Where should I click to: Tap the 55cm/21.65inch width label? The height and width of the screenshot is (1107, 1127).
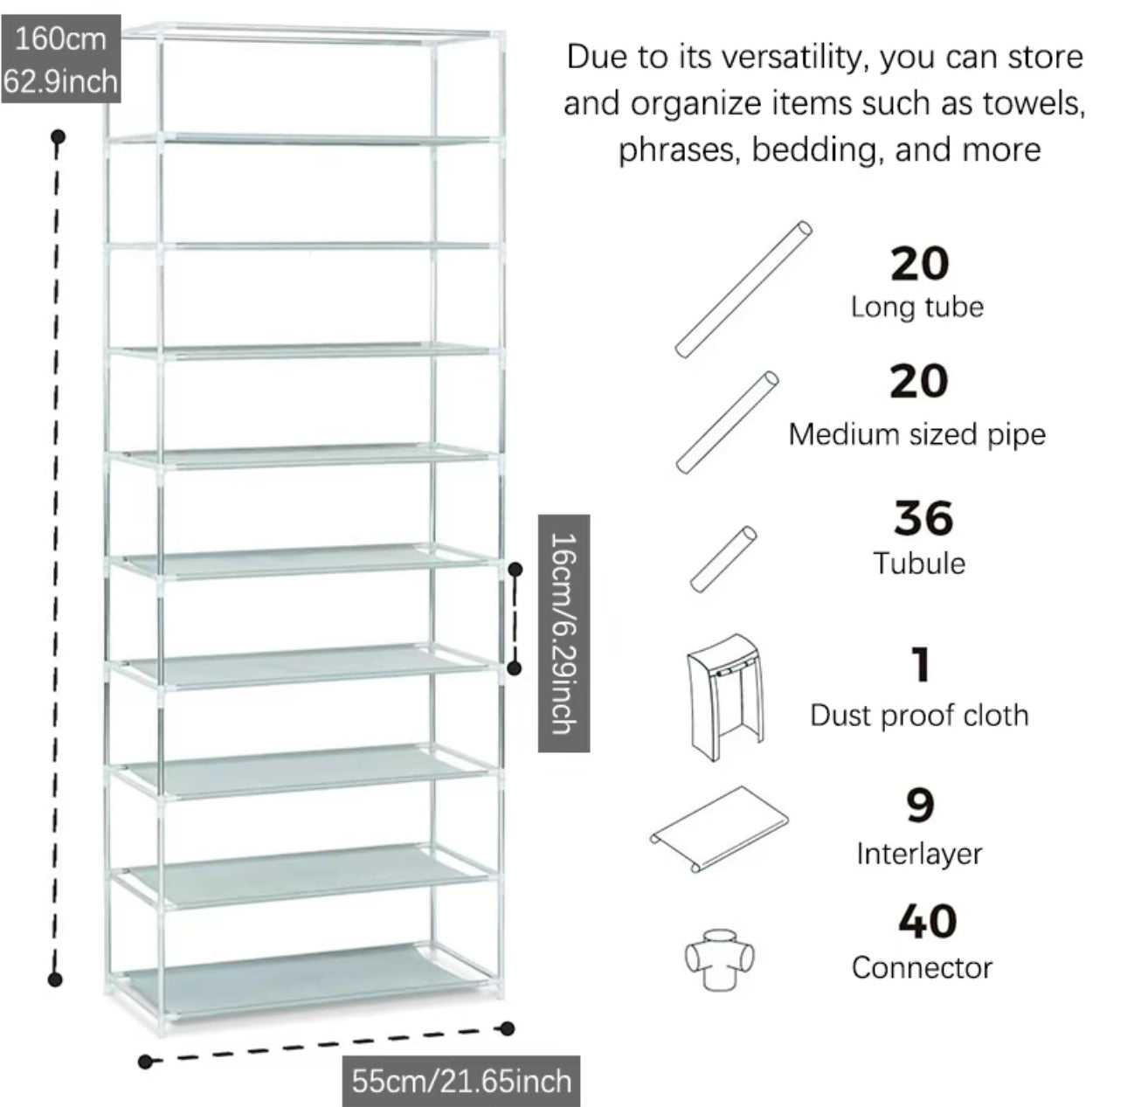(460, 1081)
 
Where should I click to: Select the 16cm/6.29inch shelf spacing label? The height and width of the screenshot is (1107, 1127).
(563, 633)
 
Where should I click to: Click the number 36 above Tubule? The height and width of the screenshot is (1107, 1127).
(923, 518)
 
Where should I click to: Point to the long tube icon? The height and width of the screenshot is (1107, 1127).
(743, 290)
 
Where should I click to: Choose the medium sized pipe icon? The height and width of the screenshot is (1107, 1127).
(727, 423)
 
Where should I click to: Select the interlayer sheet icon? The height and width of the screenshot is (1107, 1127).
(718, 827)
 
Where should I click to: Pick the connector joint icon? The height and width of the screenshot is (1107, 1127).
(718, 957)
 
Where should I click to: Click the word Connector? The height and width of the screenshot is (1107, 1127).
(922, 968)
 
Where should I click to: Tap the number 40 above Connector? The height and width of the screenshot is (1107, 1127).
(927, 922)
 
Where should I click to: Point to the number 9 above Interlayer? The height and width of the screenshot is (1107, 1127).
(920, 806)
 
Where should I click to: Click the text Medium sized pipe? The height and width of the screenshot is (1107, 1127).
(916, 434)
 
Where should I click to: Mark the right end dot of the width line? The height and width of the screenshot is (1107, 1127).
(508, 1028)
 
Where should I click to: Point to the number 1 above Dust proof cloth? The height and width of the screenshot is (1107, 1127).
(920, 666)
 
